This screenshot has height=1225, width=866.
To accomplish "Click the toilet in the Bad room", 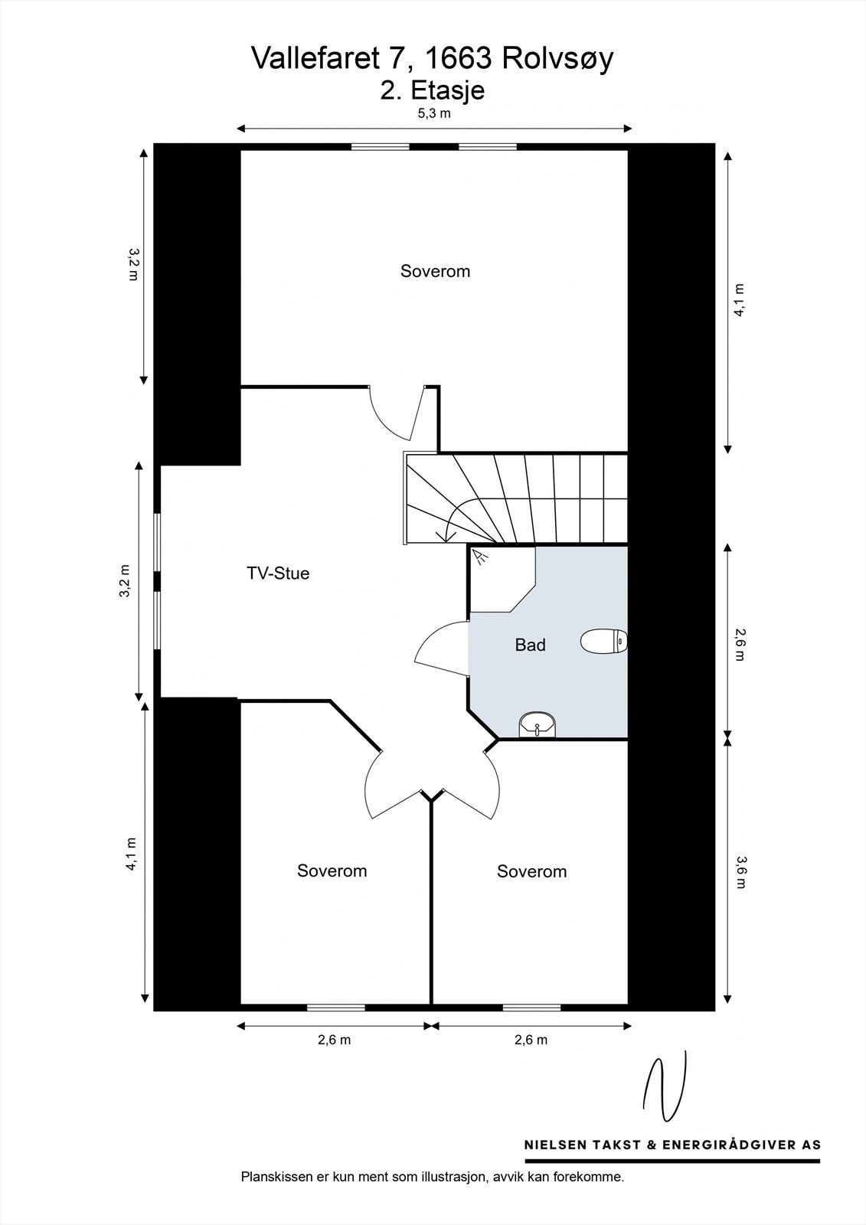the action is pos(603,641).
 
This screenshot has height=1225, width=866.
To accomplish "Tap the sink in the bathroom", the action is pos(537,724).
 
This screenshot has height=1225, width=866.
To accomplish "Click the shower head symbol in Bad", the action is pos(481,557).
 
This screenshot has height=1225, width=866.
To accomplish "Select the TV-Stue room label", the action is pos(278,573).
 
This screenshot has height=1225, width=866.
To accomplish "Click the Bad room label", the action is pos(530,645).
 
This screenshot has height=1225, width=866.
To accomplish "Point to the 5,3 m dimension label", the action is pos(434,114).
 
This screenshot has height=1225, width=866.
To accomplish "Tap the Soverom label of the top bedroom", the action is pos(435,271).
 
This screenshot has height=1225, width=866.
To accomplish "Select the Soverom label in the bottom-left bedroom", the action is pos(332,871).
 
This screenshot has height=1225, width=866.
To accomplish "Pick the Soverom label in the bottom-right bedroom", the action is pos(531,871).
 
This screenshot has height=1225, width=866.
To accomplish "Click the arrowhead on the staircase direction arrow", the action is pos(446,537).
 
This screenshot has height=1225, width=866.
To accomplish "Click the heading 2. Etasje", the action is pos(433,90).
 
